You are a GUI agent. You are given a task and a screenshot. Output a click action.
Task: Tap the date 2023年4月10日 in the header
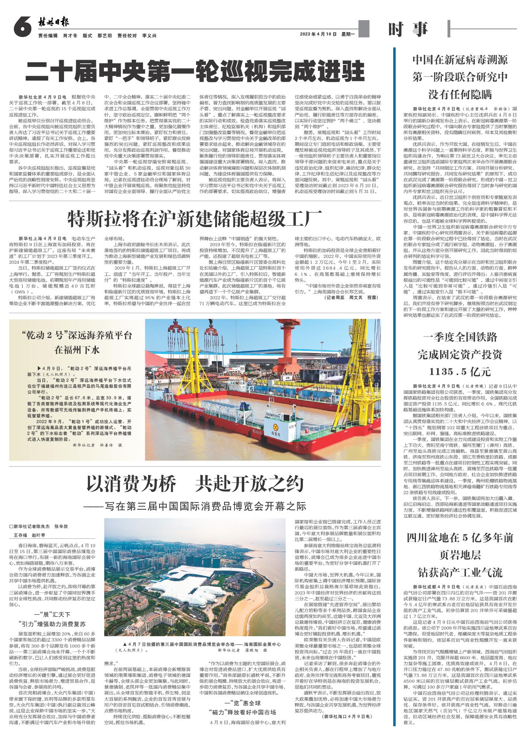(x=318, y=34)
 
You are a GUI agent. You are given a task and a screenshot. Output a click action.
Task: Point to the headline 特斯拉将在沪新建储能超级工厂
(x=194, y=219)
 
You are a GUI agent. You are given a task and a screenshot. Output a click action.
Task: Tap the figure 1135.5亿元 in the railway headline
(x=460, y=372)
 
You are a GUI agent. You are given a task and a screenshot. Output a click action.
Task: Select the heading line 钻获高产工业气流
(x=460, y=572)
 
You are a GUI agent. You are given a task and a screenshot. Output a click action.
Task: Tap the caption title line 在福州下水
(x=77, y=350)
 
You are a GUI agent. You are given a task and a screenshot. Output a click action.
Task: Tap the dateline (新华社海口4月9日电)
(x=346, y=705)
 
